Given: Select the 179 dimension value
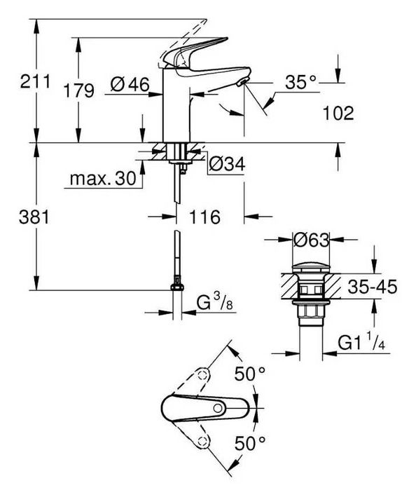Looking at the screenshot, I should pyautogui.click(x=78, y=90).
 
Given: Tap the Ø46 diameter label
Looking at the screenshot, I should pyautogui.click(x=130, y=86).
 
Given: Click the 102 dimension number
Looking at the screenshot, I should pyautogui.click(x=338, y=112).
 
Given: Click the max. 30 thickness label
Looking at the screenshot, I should pyautogui.click(x=102, y=179).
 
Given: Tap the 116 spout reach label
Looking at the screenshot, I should pyautogui.click(x=203, y=217).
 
